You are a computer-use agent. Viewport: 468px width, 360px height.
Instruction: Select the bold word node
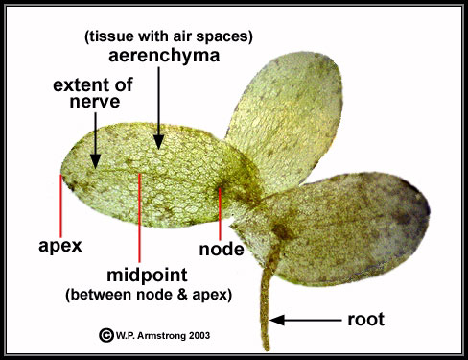(221, 249)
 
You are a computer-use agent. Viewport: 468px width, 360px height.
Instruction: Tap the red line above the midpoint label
(140, 216)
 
